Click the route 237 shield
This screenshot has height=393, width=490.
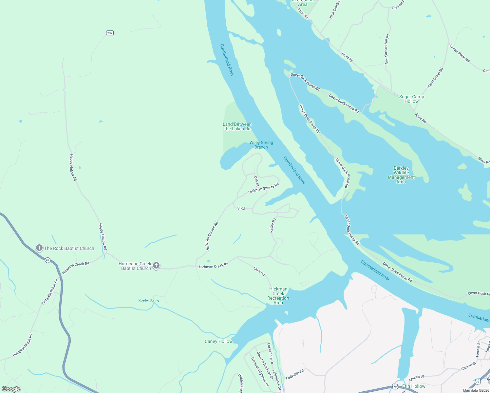[110, 33]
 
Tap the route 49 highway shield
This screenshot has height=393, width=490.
[48, 260]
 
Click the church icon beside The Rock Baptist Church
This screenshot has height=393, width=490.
[39, 248]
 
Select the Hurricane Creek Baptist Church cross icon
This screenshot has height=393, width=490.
[156, 265]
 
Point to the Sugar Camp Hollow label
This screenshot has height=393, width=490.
[411, 99]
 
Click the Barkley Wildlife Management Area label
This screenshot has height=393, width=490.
[401, 175]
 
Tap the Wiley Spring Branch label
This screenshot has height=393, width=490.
[261, 145]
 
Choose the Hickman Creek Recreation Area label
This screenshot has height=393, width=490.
[278, 296]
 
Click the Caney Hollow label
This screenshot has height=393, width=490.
[218, 341]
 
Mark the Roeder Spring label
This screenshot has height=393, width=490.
[149, 300]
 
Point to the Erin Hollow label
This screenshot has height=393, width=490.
[414, 386]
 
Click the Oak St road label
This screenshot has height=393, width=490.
[256, 181]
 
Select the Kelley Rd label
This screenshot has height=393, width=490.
[273, 226]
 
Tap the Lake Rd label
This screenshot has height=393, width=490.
[259, 271]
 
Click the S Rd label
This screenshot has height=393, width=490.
[241, 208]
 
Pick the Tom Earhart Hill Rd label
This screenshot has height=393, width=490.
[387, 49]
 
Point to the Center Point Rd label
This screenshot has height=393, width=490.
[459, 53]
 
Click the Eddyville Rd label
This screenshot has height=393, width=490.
[295, 374]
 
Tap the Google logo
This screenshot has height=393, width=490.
[11, 389]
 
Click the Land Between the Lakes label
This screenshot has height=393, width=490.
[237, 126]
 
